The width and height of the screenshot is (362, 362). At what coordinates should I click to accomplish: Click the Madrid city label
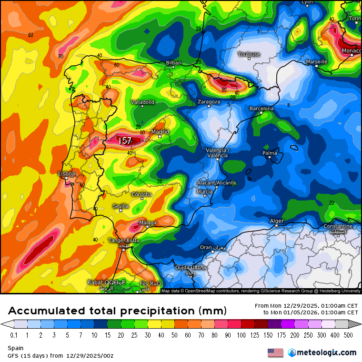point(161,131)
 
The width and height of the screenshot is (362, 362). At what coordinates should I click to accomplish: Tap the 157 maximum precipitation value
point(125,141)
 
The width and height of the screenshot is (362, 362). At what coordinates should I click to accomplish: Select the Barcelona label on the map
point(261,109)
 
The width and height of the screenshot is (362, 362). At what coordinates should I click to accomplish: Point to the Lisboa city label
point(66,174)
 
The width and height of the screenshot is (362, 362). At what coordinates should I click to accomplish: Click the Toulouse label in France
point(249,54)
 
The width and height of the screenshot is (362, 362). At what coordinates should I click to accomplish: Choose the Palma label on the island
point(270,153)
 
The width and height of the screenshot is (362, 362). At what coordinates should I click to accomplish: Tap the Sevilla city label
point(121,206)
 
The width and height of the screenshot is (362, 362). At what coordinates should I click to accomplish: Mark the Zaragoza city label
point(209,101)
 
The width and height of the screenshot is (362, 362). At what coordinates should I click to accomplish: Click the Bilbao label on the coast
point(173,62)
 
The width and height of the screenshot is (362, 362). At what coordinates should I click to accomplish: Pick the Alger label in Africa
point(277,221)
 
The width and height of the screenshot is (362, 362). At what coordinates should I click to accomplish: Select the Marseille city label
point(317,61)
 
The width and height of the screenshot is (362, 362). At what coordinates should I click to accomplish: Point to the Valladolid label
point(143,102)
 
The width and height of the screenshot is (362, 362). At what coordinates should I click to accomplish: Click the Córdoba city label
point(141,194)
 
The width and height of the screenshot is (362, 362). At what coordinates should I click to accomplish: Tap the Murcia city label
point(204,191)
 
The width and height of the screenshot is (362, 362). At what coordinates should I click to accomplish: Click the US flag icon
point(275,352)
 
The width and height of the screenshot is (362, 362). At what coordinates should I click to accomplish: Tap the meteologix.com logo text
point(326,352)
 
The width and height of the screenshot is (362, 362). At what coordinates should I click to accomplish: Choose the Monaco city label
point(352,50)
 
